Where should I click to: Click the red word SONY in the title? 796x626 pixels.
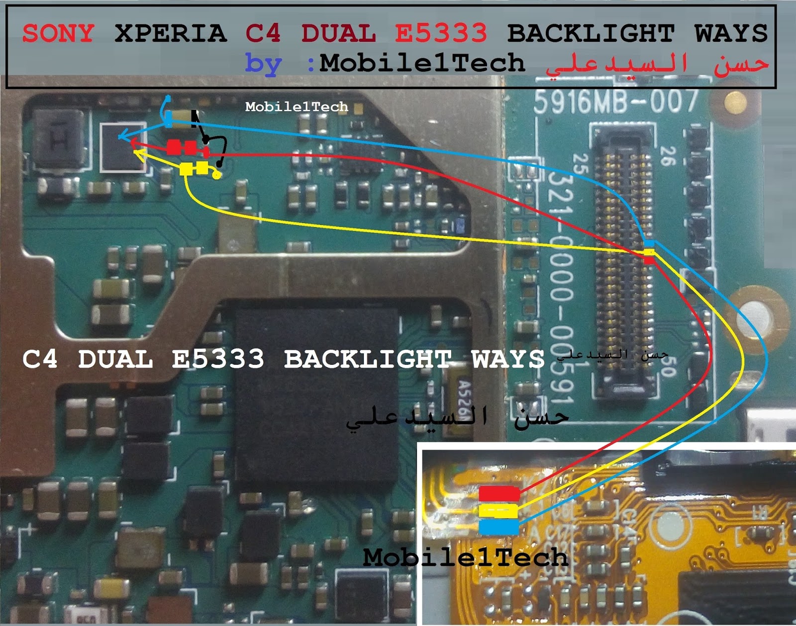point(58,33)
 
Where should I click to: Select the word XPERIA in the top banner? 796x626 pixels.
point(171,33)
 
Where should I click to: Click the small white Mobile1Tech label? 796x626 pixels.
point(297,107)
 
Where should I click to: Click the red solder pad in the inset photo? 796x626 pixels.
point(499,494)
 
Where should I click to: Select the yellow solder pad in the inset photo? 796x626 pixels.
point(498,511)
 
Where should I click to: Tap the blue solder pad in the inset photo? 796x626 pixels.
point(498,527)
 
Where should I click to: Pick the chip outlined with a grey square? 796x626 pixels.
point(122,147)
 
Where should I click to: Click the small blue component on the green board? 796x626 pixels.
point(460,226)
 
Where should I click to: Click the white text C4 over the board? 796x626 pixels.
point(40,359)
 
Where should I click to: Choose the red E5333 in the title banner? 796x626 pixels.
point(441,33)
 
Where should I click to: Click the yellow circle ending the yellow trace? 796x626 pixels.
point(216,175)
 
